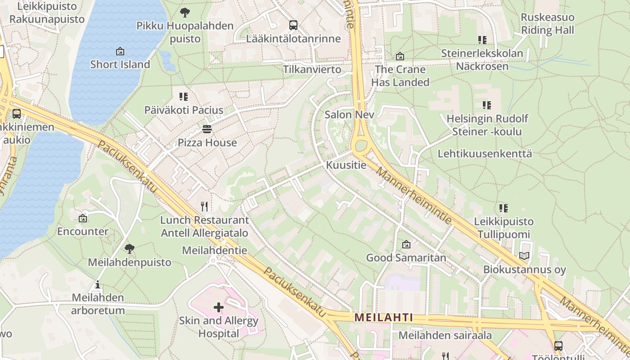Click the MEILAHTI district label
point(383,317)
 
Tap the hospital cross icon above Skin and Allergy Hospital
point(219,307)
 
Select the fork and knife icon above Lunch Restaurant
point(205,207)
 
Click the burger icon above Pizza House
point(207,130)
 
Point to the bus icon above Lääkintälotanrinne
point(293,25)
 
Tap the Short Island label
point(120,64)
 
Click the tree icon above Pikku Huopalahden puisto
point(184,13)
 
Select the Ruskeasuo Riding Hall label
point(547,24)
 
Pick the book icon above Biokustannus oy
point(524,256)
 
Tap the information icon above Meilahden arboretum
point(98,284)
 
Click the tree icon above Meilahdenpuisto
point(130,248)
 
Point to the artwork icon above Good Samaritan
point(406,244)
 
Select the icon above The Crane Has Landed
point(400,56)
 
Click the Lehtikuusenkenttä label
point(485,153)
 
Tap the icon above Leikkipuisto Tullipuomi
point(504,208)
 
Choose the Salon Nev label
point(349,115)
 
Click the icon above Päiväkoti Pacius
point(183,97)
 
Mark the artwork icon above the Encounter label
point(83,218)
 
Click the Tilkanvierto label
point(312,70)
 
